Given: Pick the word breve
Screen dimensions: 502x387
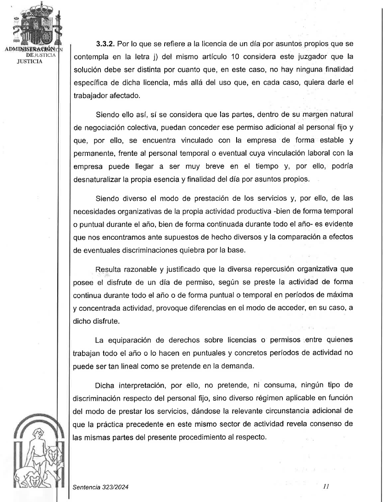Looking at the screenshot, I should [232, 166].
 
